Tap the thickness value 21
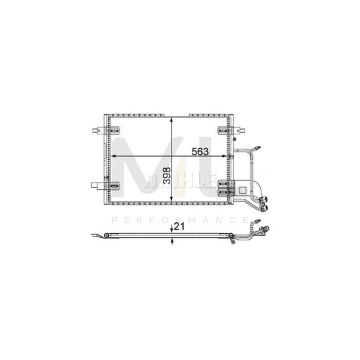click(178, 228)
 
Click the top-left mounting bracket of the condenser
click(115, 129)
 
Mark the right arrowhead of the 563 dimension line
click(228, 157)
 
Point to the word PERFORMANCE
click(180, 220)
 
